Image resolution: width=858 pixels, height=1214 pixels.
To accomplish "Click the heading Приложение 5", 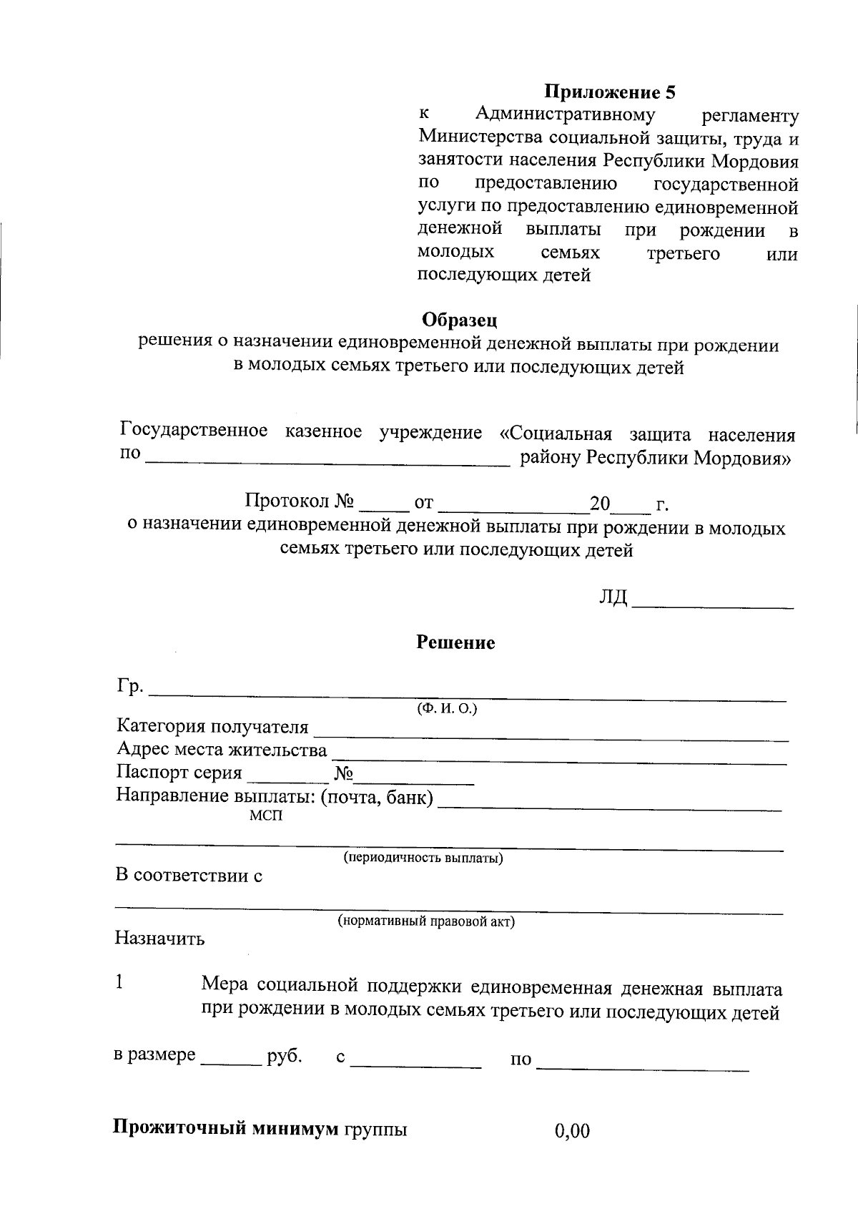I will pos(610,92).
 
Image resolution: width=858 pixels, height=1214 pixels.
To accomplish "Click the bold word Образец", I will pos(459,319).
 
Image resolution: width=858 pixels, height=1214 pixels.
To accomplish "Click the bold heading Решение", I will pos(455,642).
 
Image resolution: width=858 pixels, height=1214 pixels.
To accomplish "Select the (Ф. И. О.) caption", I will pos(447,708).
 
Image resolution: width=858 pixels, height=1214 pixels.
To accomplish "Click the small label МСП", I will pos(265,816).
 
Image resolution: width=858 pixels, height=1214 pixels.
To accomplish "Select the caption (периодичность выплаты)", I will pos(423,858).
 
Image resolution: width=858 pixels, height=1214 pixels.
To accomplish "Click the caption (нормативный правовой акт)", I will pos(426,921).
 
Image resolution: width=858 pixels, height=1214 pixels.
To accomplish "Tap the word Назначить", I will pos(159,938).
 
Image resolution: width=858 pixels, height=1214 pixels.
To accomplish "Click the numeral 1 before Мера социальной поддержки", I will pos(120,983).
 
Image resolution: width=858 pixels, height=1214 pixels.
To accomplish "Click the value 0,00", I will pos(572,1131).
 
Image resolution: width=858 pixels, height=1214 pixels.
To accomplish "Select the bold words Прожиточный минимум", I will pos(225,1130).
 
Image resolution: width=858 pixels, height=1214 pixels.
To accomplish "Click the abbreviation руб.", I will pos(284,1056).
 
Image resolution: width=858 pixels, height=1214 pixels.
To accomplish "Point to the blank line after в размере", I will pos(231,1062).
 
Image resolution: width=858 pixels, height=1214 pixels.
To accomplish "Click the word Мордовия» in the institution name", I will pos(744,458).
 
